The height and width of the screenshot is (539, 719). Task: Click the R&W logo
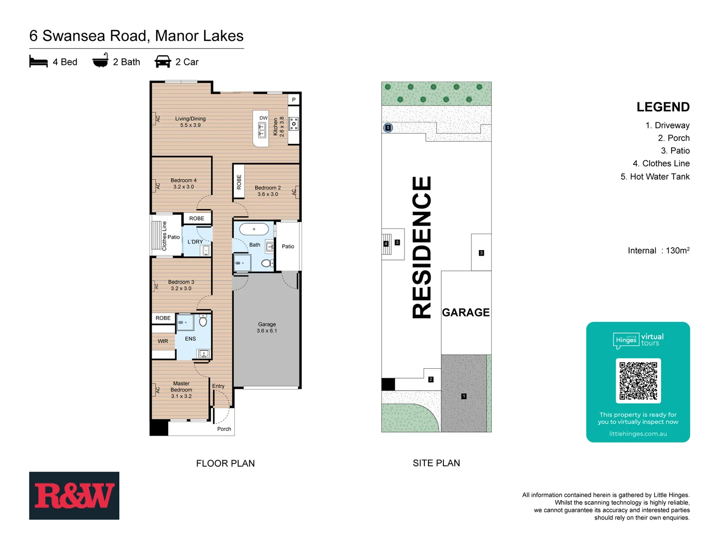[x=74, y=496]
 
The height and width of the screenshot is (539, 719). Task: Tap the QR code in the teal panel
[x=638, y=381]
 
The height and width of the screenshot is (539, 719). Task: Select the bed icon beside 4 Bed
[x=38, y=62]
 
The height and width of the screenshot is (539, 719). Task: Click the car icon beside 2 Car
[x=163, y=62]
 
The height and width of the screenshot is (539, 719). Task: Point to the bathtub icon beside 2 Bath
[x=100, y=61]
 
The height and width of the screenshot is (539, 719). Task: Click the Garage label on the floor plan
[x=267, y=327]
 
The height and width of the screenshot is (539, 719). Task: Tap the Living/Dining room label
[x=190, y=122]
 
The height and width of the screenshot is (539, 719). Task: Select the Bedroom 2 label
[x=268, y=191]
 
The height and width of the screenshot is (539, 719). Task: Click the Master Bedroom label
[x=181, y=390]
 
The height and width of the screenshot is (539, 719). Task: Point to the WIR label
[x=163, y=341]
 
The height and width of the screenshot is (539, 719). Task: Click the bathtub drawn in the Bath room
[x=254, y=229]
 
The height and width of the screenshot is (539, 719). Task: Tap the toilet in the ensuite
[x=203, y=321]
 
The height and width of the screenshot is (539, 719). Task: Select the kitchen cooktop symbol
[x=294, y=123]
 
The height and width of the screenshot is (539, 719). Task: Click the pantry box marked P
[x=294, y=100]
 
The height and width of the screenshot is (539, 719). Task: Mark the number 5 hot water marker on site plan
[x=388, y=128]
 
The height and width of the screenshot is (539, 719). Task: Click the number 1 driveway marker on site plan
[x=464, y=396]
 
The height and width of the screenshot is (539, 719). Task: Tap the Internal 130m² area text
[x=658, y=251]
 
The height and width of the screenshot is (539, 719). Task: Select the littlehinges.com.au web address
[x=638, y=434]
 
